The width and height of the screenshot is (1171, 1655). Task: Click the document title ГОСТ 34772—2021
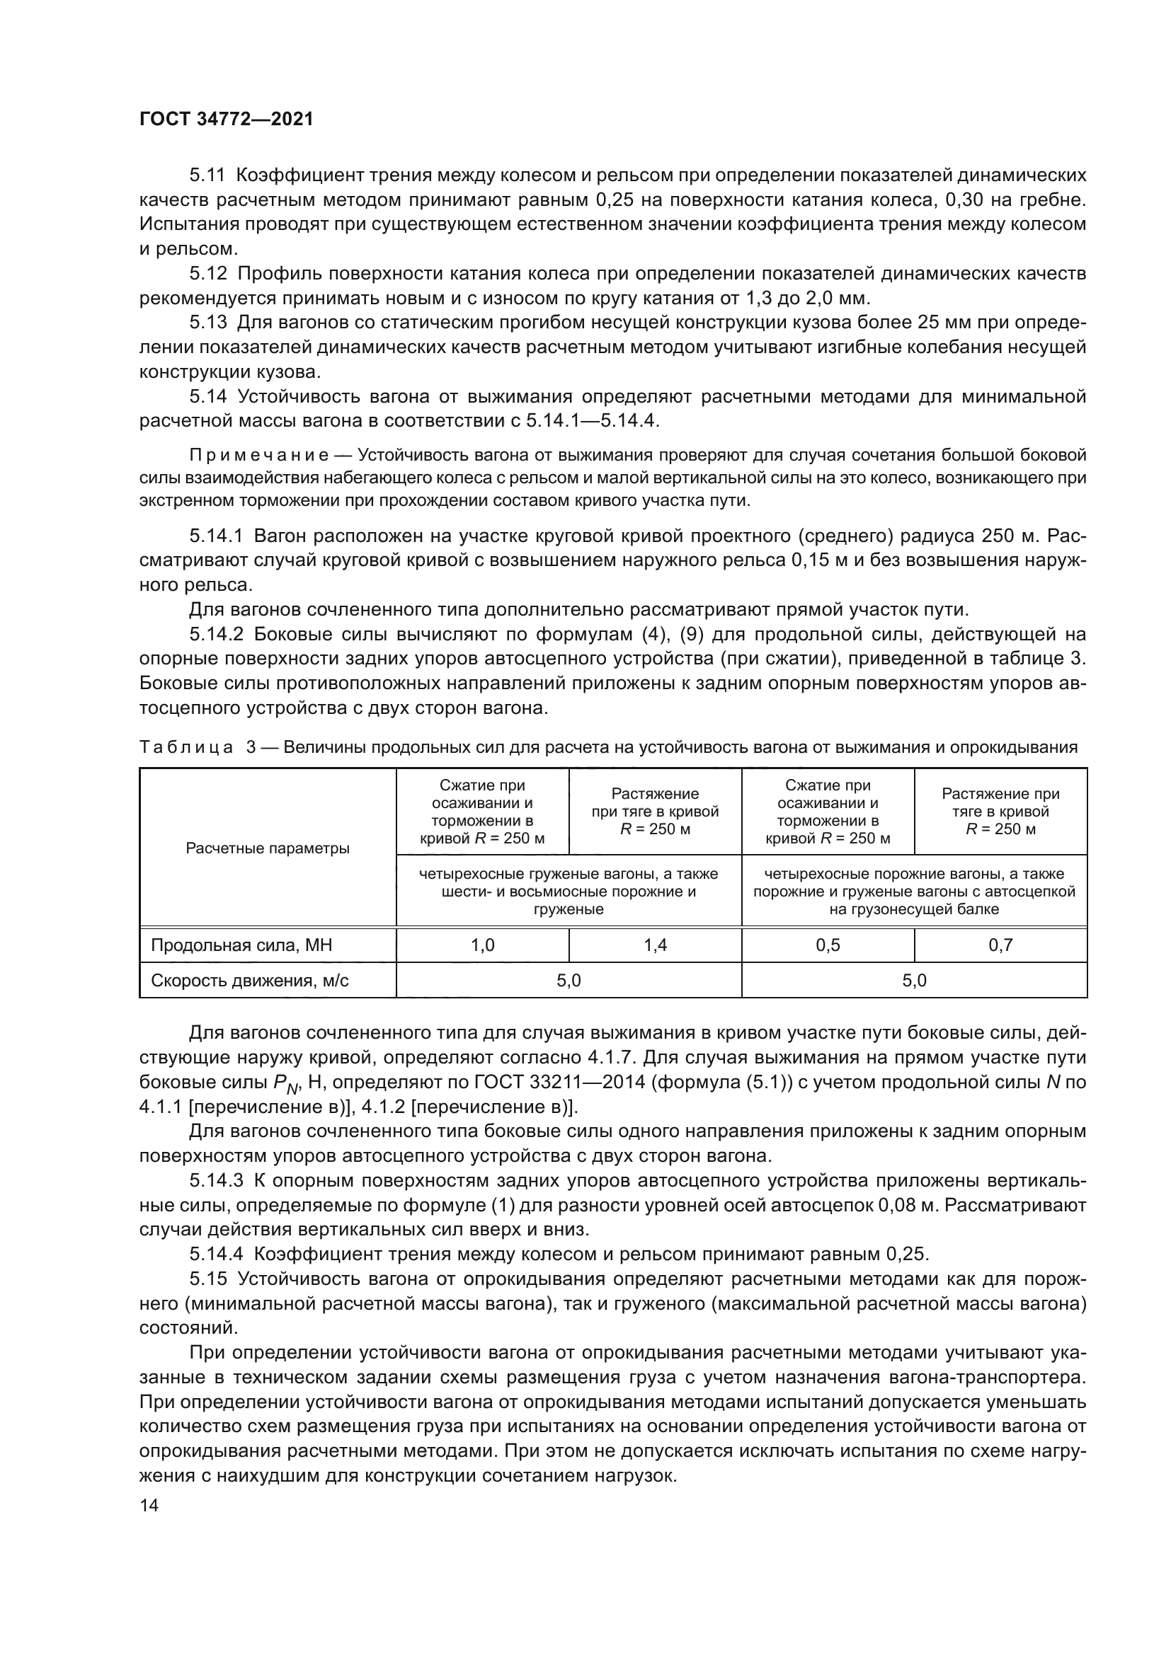pos(227,120)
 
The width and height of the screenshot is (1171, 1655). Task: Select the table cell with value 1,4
pos(655,945)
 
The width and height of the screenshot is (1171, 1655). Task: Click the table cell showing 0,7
pos(1000,945)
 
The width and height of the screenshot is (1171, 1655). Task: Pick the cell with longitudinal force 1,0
pos(482,945)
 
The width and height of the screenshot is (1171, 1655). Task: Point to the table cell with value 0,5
pos(828,945)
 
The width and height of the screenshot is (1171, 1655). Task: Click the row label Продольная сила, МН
pos(241,945)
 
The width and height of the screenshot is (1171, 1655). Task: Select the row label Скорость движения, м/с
pos(249,980)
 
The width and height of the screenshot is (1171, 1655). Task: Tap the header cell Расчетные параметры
pos(268,848)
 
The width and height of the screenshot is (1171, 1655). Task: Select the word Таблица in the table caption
pos(186,747)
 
